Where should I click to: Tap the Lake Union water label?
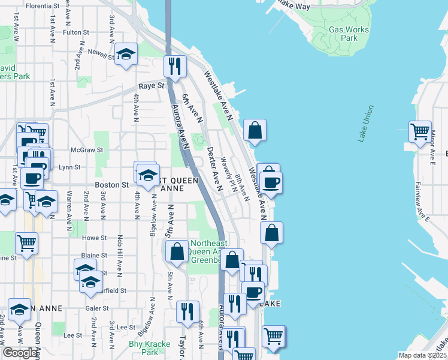click(x=366, y=124)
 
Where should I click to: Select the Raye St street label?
click(x=152, y=86)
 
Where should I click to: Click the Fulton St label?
click(x=75, y=32)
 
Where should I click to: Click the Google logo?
click(x=20, y=353)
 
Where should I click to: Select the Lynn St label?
click(x=69, y=168)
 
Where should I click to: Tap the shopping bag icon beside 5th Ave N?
click(x=177, y=252)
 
